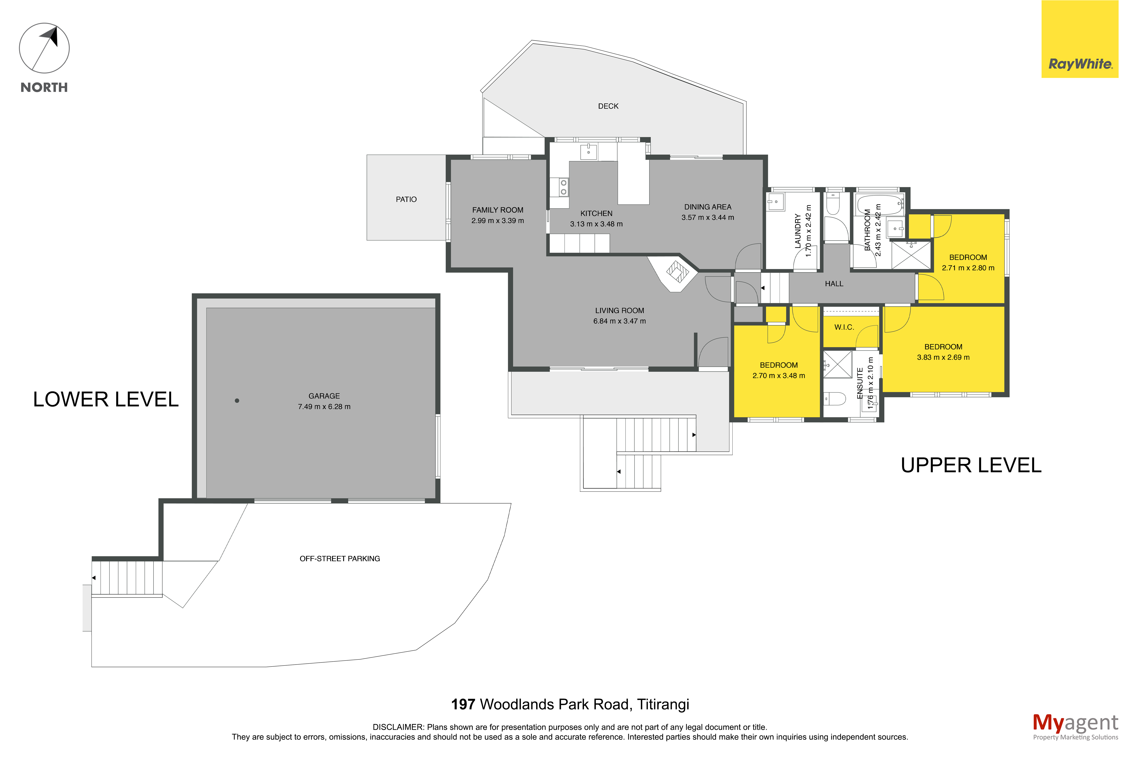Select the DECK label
coord(608,106)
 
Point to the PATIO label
coord(406,199)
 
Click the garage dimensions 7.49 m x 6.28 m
coord(324,407)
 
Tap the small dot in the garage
coord(237,400)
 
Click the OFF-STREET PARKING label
coord(340,558)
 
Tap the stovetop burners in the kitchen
coord(563,187)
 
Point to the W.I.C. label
coord(844,327)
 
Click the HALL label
coord(834,284)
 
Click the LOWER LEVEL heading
coord(106,399)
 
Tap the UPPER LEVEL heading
coord(971,465)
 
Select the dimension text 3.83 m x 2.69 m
coord(943,357)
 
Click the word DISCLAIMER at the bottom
coord(398,727)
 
